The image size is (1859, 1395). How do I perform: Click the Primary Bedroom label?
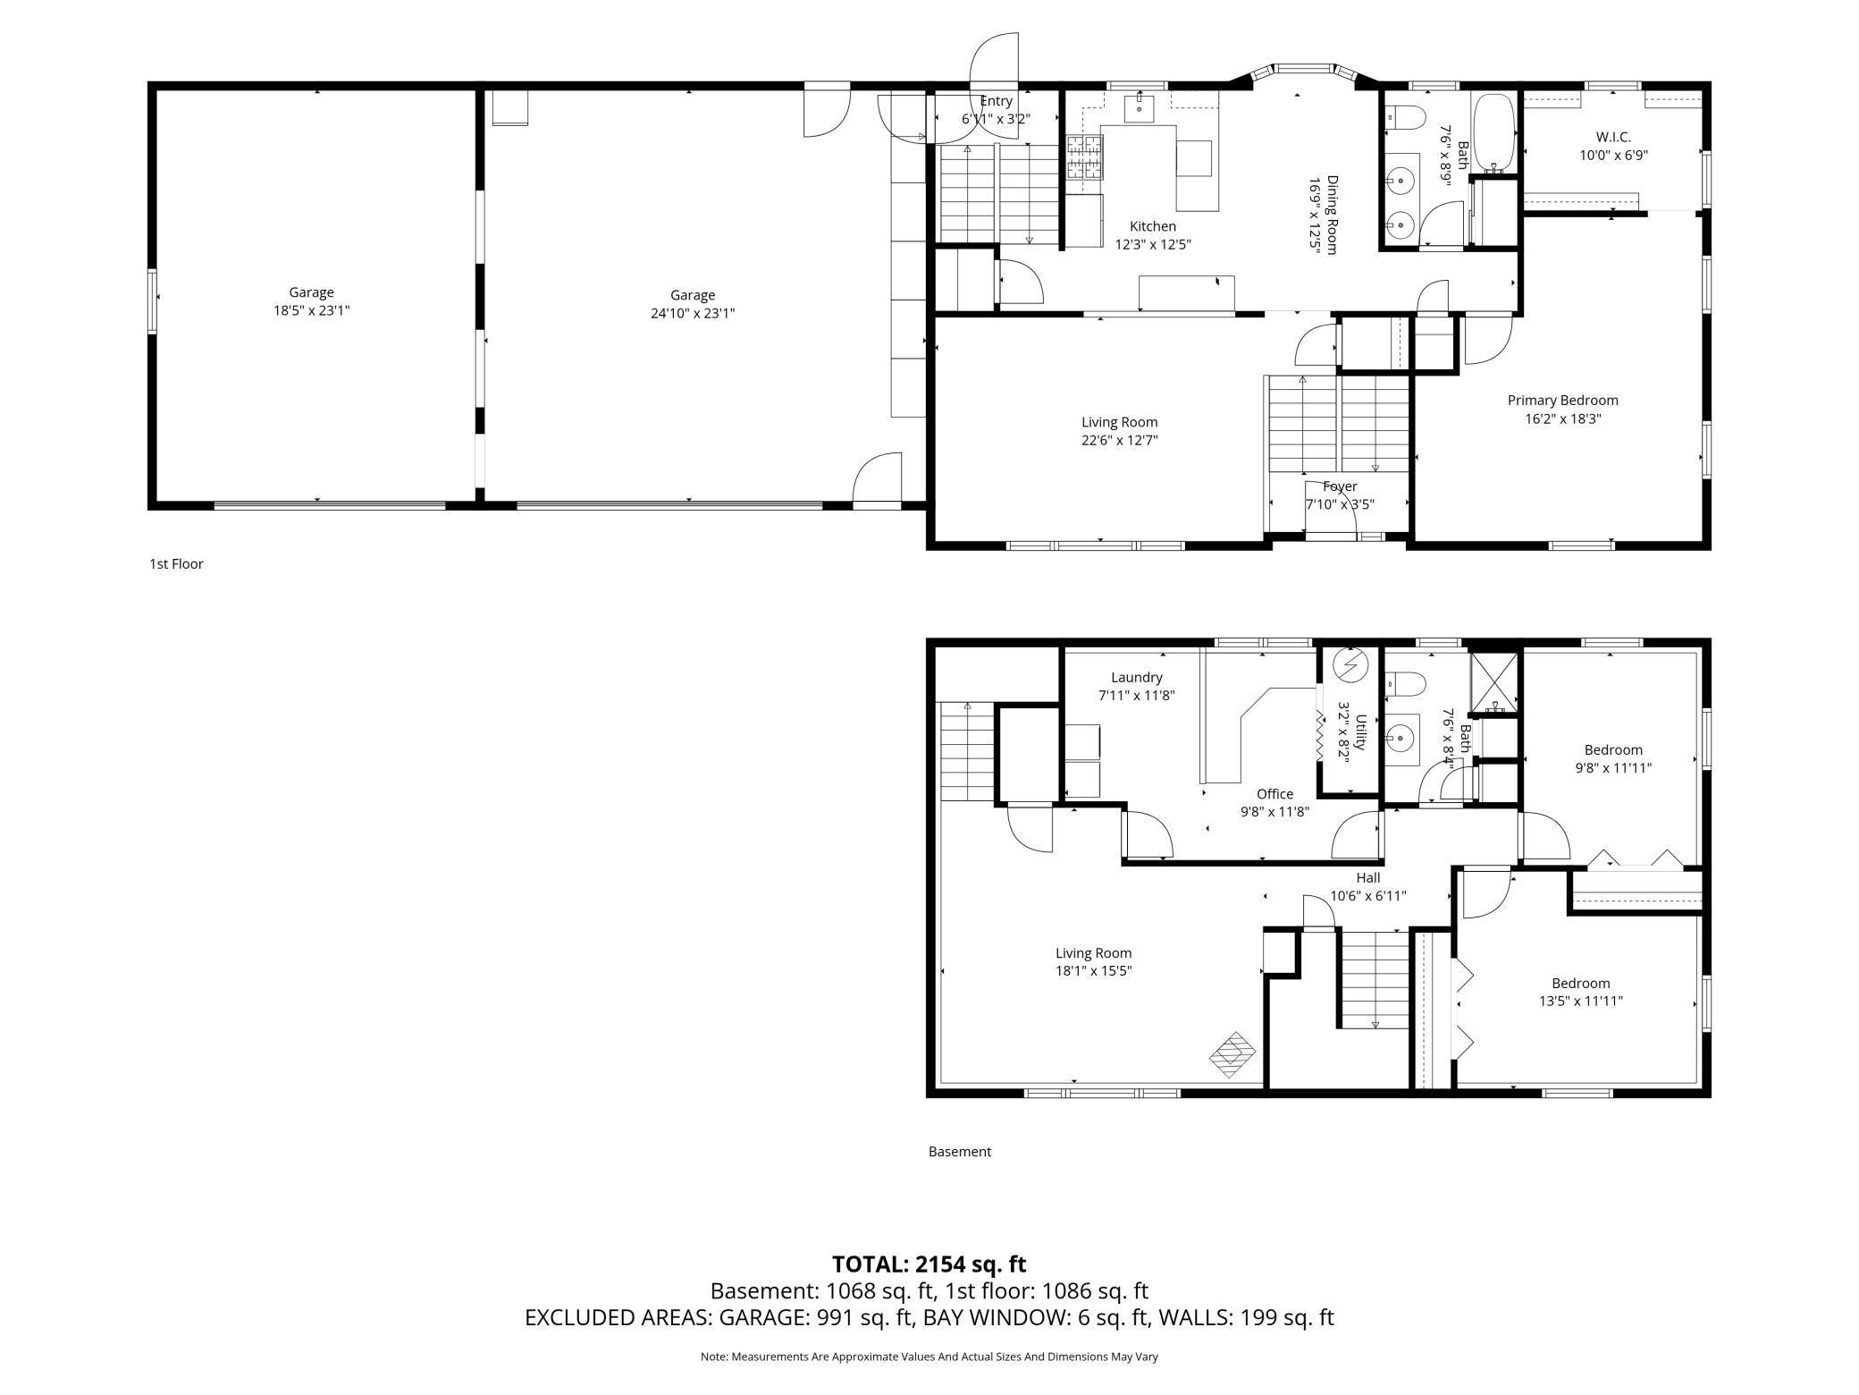1562,401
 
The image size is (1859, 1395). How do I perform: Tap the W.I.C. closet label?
1613,138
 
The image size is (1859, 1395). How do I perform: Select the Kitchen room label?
1153,226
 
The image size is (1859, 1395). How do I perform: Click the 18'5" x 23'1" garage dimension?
311,311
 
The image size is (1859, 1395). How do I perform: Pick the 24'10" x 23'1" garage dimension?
693,314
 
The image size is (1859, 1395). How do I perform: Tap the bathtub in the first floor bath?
1493,133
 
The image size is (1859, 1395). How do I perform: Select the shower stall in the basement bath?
1494,683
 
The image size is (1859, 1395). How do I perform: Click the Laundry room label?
1137,678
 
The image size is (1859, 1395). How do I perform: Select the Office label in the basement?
1274,794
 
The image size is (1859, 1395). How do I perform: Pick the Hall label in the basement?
1368,878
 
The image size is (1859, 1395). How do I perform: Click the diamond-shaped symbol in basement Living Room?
1232,1054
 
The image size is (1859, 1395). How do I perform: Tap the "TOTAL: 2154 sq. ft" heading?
929,1264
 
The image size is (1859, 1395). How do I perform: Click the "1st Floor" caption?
176,564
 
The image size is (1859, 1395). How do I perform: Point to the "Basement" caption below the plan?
960,1152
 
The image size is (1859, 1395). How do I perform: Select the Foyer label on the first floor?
1340,486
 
